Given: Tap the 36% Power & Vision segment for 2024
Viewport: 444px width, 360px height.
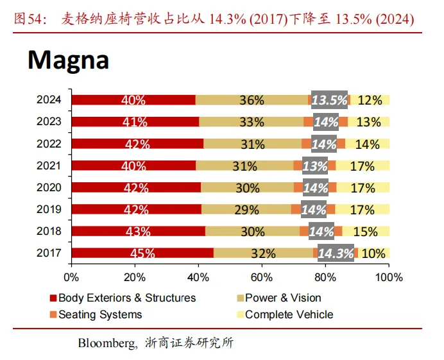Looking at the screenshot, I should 252,100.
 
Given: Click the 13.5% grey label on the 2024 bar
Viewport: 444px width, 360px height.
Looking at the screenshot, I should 329,100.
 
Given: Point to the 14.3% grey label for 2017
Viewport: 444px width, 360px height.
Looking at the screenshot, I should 335,253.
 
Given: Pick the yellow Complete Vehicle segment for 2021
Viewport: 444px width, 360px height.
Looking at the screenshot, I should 363,166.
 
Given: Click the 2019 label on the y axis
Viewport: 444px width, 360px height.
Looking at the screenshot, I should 49,209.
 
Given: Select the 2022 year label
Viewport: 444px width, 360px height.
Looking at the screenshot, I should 49,144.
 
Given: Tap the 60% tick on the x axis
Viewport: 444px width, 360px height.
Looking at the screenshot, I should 262,278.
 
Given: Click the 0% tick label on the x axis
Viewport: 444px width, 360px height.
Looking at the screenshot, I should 71,278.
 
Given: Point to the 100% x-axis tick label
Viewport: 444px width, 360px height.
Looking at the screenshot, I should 389,278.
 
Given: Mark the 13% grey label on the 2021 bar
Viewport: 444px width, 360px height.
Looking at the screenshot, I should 315,166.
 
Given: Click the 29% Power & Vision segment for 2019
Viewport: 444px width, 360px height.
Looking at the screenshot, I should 246,209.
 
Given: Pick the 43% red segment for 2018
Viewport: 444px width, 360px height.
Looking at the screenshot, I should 138,231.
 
